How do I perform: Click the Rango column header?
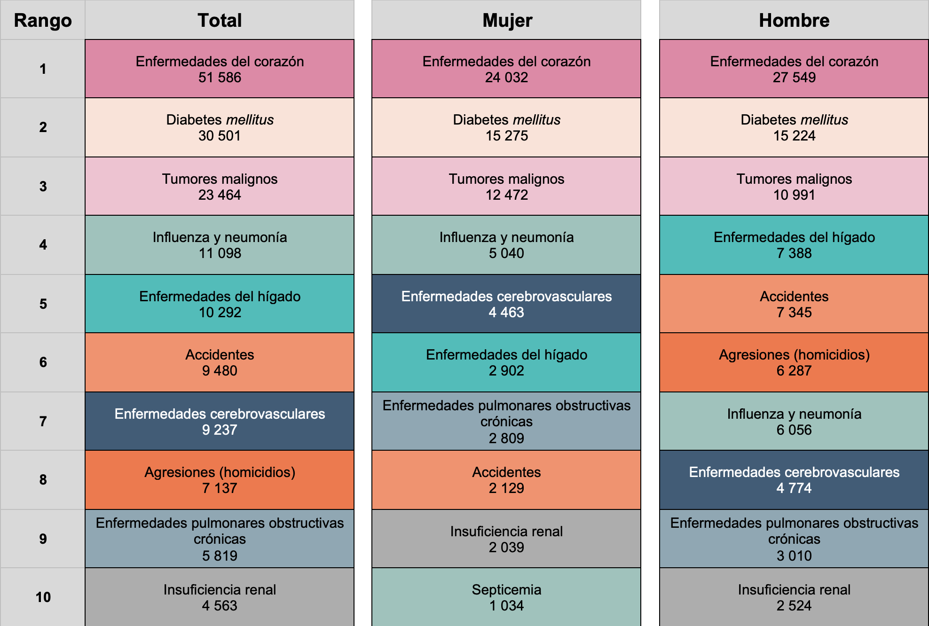pos(43,20)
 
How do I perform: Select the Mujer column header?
pos(506,20)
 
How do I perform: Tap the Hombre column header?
pos(794,20)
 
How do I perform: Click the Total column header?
pos(220,20)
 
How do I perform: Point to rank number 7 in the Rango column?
pos(43,421)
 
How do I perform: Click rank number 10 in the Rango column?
pos(43,597)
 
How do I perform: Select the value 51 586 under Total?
pos(220,78)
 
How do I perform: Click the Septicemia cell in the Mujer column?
pos(506,597)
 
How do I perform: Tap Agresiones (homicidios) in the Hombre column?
pos(794,362)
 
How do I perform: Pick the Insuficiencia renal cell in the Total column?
pos(220,597)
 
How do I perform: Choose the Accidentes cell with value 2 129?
pos(506,480)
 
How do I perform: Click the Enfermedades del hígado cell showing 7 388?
pos(794,245)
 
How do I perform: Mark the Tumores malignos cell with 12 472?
pos(506,186)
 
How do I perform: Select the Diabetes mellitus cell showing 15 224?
pos(794,127)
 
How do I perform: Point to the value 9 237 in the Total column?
pos(220,430)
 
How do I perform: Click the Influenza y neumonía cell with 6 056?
pos(794,421)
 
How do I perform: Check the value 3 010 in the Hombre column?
pos(794,556)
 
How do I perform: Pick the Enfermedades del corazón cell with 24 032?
pos(506,69)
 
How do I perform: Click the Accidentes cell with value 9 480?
pos(220,362)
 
